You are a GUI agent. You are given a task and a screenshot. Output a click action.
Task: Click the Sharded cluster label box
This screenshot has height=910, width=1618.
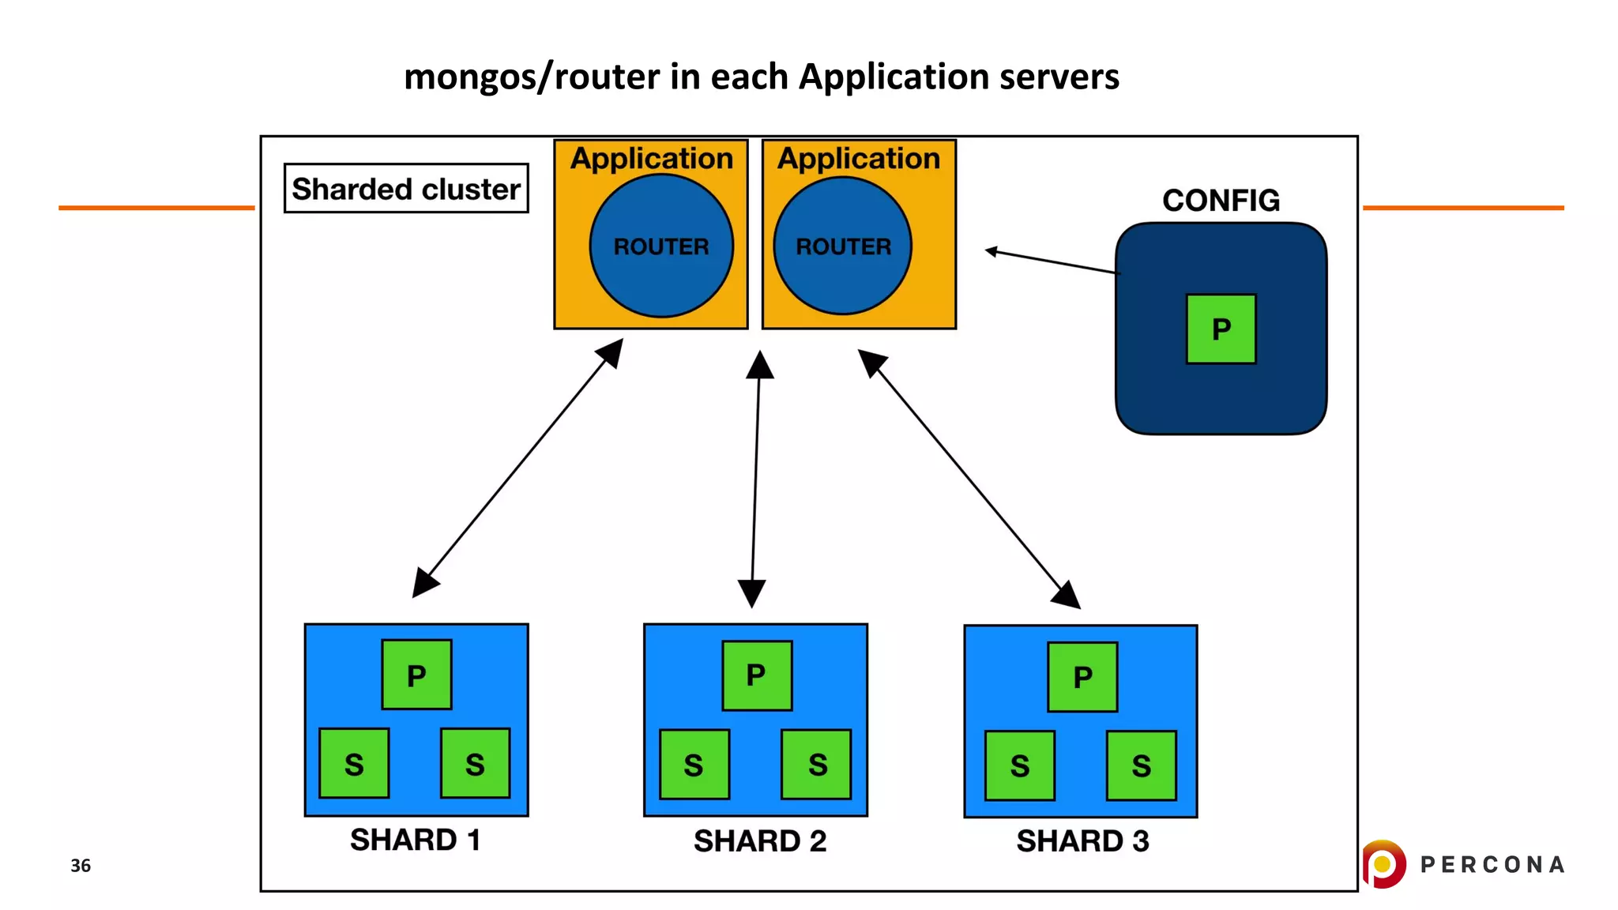pos(405,188)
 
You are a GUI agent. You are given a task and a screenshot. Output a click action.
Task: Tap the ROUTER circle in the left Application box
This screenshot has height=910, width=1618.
pos(661,246)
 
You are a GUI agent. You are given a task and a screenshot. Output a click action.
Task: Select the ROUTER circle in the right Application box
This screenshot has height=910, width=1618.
pos(843,246)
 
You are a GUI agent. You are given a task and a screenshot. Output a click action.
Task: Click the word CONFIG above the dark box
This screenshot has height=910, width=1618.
pos(1221,200)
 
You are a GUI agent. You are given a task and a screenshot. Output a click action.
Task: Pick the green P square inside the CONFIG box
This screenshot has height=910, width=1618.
pos(1221,329)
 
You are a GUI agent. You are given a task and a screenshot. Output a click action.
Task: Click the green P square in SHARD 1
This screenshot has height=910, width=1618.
pos(416,675)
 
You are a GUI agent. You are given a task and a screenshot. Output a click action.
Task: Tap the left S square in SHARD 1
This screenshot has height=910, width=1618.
pos(354,763)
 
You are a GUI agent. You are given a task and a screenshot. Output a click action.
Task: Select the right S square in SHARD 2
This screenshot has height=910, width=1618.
pos(816,764)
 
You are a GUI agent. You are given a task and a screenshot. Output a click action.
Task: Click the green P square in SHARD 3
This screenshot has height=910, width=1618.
pos(1082,677)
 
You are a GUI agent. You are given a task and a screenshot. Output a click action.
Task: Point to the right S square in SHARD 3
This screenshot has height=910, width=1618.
pos(1141,765)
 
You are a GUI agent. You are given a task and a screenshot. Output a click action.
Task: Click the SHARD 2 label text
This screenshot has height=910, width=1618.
pos(759,840)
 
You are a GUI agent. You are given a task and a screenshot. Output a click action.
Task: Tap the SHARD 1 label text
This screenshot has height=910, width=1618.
pos(415,839)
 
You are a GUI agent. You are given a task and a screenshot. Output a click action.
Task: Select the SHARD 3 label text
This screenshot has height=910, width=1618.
pos(1082,840)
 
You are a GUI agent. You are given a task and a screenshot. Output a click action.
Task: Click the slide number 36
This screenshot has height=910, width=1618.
pos(81,865)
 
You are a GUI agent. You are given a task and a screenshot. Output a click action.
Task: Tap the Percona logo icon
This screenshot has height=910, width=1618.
pos(1383,863)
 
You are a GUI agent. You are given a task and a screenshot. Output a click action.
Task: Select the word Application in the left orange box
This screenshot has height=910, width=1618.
pos(652,158)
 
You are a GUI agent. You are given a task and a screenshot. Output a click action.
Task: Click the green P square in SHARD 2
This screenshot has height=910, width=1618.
pos(757,675)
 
